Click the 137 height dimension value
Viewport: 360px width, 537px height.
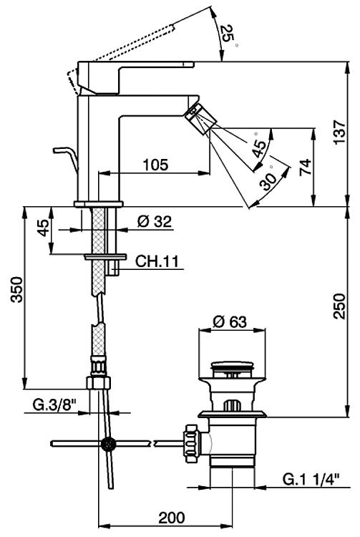[x=340, y=132]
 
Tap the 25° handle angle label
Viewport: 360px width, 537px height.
[x=228, y=35]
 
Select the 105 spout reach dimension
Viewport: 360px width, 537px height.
[x=156, y=165]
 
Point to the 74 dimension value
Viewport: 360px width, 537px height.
[x=306, y=167]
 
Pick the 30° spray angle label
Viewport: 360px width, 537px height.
[x=268, y=178]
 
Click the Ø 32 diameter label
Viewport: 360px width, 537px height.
[x=155, y=221]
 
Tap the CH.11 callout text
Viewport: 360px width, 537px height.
[x=157, y=261]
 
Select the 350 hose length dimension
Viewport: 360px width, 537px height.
[x=16, y=289]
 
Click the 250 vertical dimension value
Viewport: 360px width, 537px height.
[x=340, y=306]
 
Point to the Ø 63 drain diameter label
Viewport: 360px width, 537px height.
[x=230, y=321]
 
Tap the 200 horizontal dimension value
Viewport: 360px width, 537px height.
[x=172, y=518]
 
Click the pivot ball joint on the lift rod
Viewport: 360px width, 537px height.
[x=109, y=444]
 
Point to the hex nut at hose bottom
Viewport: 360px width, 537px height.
[x=99, y=383]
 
